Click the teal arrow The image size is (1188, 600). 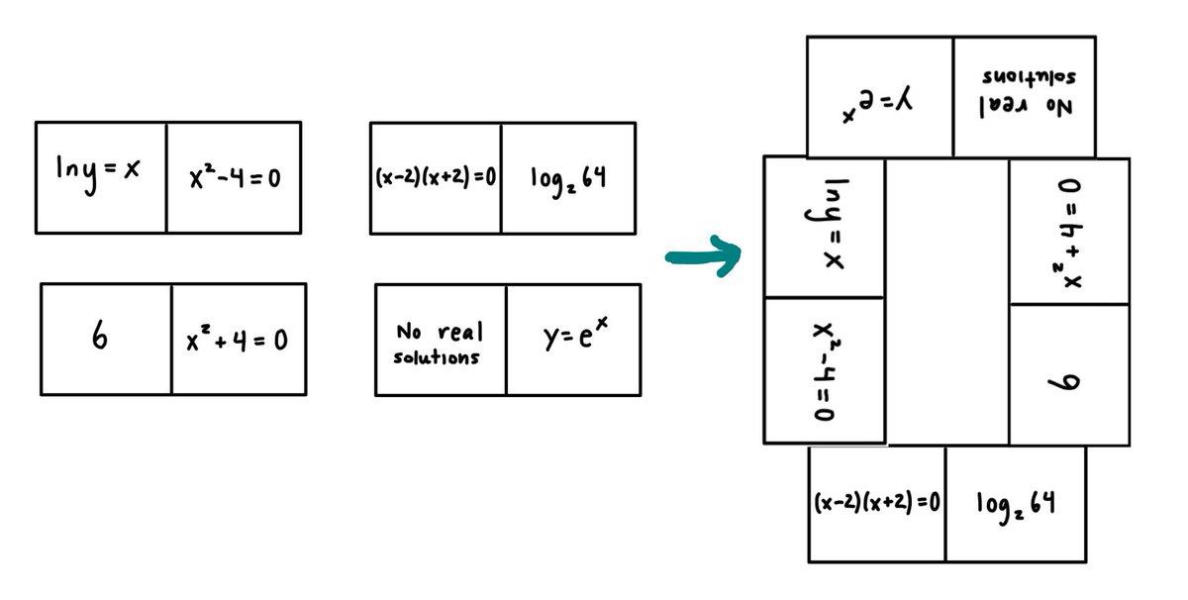704,257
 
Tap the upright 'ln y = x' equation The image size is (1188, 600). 98,170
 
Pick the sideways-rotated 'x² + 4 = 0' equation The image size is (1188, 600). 1071,234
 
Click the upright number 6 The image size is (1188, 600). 100,338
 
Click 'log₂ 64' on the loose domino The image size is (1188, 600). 567,179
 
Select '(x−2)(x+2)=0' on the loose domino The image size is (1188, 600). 436,178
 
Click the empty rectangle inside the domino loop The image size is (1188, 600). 947,302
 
